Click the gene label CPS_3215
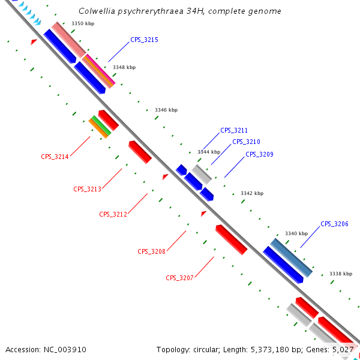pyautogui.click(x=144, y=40)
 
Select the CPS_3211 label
pyautogui.click(x=234, y=130)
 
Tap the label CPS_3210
pyautogui.click(x=246, y=142)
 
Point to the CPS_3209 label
pyautogui.click(x=259, y=154)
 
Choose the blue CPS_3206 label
pyautogui.click(x=334, y=224)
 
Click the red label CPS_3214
pyautogui.click(x=55, y=157)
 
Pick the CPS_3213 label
pyautogui.click(x=87, y=189)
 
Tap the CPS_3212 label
pyautogui.click(x=113, y=214)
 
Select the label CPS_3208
pyautogui.click(x=151, y=251)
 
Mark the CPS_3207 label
pyautogui.click(x=179, y=278)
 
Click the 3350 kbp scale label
pyautogui.click(x=82, y=23)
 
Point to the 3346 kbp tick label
pyautogui.click(x=166, y=110)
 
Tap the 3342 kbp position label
pyautogui.click(x=252, y=193)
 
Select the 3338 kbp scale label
pyautogui.click(x=340, y=274)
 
